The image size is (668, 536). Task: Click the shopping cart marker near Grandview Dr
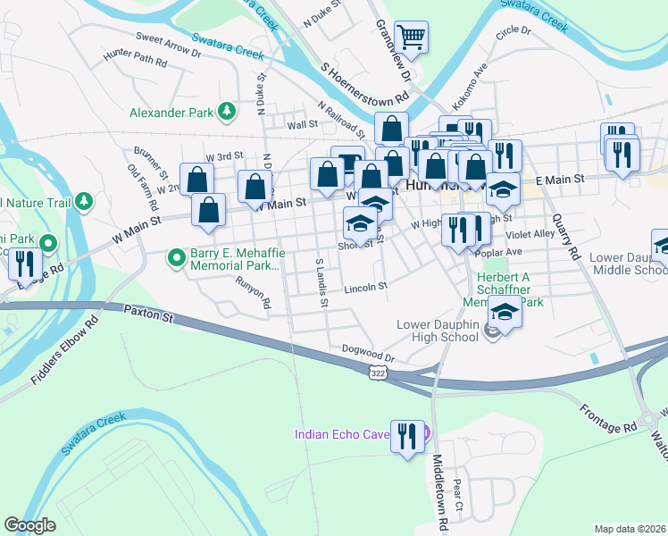click(411, 37)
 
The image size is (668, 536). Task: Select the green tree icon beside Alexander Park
click(228, 111)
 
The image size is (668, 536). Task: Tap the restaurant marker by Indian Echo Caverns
click(407, 436)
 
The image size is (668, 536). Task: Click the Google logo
click(29, 524)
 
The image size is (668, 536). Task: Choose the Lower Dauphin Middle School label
click(628, 264)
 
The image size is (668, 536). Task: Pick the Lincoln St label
click(368, 288)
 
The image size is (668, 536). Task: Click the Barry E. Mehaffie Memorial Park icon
click(176, 259)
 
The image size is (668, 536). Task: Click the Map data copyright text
click(630, 528)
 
